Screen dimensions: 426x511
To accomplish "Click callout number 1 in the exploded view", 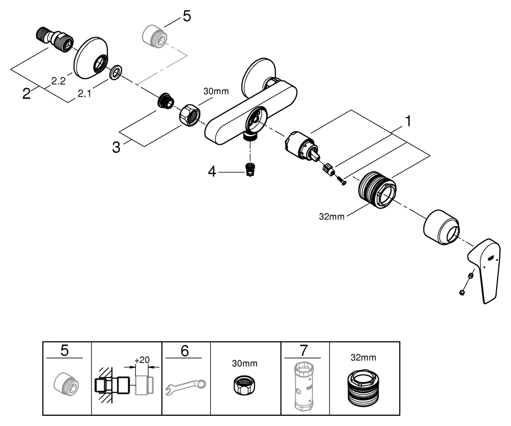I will click(408, 121).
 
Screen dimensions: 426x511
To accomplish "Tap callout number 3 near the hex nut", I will click(117, 148).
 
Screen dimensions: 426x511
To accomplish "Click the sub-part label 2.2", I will click(58, 80).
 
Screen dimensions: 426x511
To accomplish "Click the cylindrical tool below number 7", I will click(305, 386).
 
